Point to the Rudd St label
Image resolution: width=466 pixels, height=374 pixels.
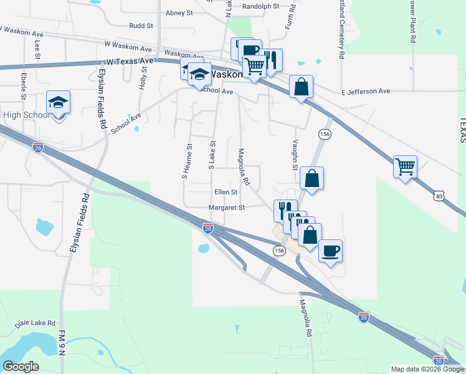pyautogui.click(x=141, y=26)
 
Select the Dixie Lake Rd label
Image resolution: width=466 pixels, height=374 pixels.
pyautogui.click(x=36, y=324)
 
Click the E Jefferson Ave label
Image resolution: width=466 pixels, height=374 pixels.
pyautogui.click(x=365, y=92)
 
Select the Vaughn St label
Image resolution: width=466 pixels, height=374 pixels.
pyautogui.click(x=295, y=153)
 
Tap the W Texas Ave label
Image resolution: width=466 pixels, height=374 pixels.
pyautogui.click(x=130, y=61)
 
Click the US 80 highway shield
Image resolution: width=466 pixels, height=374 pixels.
pyautogui.click(x=440, y=196)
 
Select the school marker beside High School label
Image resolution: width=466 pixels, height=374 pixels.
pyautogui.click(x=58, y=103)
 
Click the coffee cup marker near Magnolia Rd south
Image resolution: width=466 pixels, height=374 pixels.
pyautogui.click(x=330, y=251)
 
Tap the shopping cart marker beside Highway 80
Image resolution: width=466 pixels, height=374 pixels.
pyautogui.click(x=405, y=167)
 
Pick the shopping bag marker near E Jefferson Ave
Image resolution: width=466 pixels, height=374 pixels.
pyautogui.click(x=301, y=87)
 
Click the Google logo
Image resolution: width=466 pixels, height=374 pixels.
pyautogui.click(x=21, y=367)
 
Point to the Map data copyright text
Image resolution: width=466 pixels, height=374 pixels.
pyautogui.click(x=427, y=369)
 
